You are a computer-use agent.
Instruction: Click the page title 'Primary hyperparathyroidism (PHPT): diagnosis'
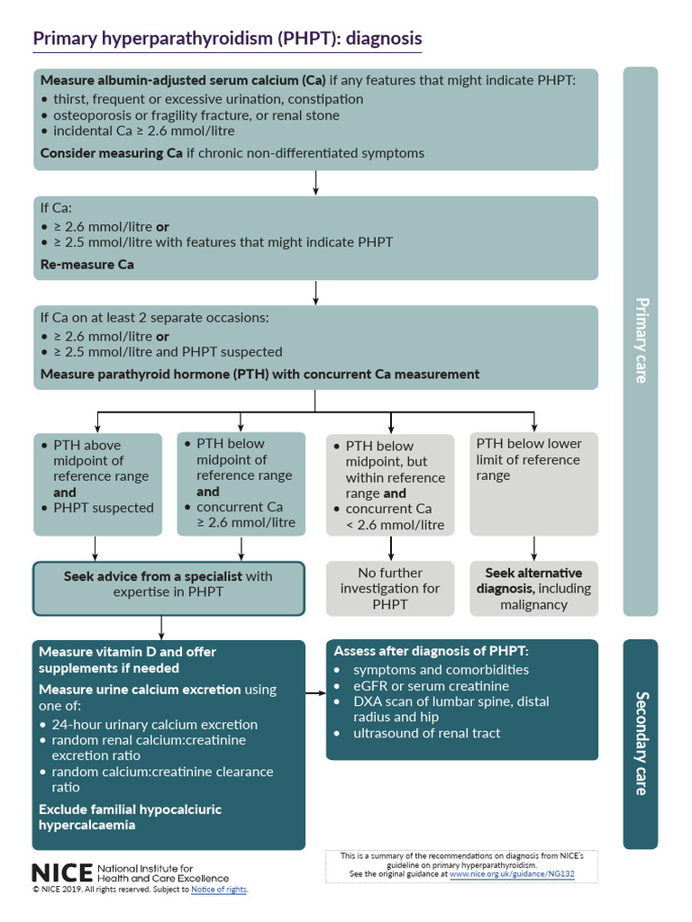(227, 40)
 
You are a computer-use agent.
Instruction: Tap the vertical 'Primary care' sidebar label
(641, 340)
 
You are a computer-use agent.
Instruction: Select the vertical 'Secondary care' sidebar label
(641, 743)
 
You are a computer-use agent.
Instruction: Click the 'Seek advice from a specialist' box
(168, 583)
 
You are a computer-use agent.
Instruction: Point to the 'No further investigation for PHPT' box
(390, 588)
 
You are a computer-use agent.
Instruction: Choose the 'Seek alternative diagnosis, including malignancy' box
(533, 588)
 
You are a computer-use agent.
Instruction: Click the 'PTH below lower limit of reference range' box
(533, 459)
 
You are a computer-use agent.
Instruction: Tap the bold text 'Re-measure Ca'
(87, 265)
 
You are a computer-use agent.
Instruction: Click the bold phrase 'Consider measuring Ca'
(111, 153)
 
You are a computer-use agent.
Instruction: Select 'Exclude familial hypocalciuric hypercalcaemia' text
(129, 817)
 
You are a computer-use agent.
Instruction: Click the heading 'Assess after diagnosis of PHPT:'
(431, 651)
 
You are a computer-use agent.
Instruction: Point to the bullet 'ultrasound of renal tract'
(426, 733)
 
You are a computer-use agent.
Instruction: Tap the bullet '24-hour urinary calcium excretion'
(154, 724)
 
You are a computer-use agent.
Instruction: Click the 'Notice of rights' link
(218, 890)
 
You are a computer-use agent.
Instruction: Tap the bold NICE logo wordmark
(61, 872)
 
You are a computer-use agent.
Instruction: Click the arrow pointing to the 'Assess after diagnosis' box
(315, 693)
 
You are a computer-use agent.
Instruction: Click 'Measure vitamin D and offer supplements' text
(127, 659)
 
